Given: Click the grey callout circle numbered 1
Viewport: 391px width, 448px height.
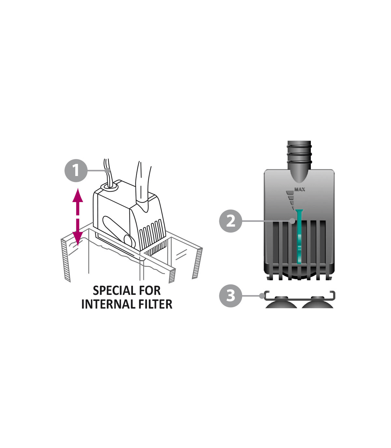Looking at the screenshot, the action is pos(76,170).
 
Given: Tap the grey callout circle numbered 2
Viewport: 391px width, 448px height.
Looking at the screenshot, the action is pos(230,221).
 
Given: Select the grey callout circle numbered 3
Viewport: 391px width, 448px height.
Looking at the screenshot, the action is pos(230,296).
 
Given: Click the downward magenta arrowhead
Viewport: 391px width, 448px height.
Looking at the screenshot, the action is pos(78,239).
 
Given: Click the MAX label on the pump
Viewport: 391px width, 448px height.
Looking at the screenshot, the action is pos(299,189).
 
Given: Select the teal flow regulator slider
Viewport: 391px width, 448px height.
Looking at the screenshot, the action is pos(299,236).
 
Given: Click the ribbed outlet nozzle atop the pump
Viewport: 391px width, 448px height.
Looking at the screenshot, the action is pos(299,162).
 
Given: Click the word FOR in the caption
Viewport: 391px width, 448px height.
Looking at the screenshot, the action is pos(150,291).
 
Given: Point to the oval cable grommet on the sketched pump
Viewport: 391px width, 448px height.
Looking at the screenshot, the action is pos(109,186).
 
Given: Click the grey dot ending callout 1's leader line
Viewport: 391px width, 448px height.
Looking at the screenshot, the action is pos(107,170).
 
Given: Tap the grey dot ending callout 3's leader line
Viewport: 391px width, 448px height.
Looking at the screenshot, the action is pos(262,296).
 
